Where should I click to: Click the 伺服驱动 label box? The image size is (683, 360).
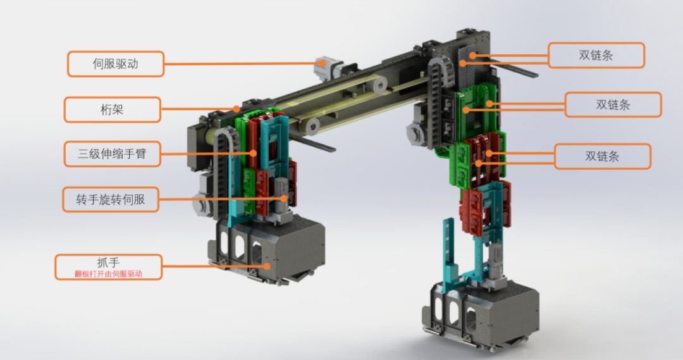coord(116,64)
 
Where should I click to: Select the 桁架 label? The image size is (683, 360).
coord(113,109)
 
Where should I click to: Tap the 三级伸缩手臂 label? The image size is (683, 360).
coord(113,154)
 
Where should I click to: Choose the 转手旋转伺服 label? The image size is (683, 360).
coord(111,199)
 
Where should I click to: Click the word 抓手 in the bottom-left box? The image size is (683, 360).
coord(108,263)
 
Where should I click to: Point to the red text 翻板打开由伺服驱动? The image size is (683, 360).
coord(108,274)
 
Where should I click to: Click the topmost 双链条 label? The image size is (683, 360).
coord(596,55)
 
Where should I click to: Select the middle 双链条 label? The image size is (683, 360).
coord(613,104)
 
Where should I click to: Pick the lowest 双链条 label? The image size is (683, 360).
coord(603,156)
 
